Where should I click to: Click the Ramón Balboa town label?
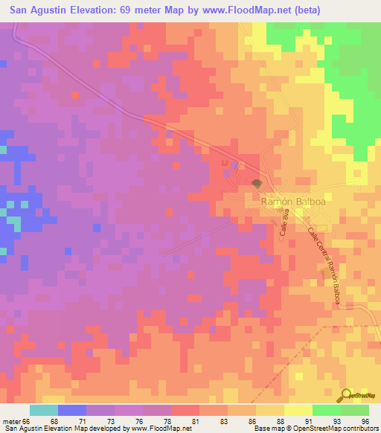point(285,201)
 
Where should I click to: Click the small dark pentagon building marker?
point(257,183)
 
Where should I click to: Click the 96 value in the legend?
point(365,421)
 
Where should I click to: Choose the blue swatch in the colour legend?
point(71,410)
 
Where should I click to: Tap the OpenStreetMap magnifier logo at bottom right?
point(346,395)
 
